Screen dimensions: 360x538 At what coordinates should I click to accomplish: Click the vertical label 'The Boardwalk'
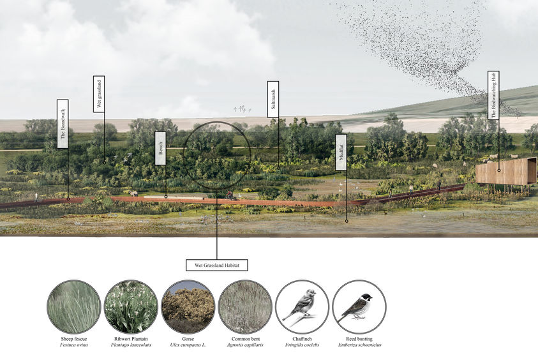point(63,124)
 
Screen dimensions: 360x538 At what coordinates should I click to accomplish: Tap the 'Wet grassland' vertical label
point(99,94)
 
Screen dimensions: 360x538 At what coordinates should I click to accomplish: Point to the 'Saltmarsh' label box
point(273,99)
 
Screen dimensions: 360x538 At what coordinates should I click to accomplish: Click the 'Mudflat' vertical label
point(341,152)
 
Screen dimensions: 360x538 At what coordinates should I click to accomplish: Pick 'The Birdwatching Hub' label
point(493,95)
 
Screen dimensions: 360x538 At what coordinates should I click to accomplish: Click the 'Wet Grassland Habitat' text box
point(217,264)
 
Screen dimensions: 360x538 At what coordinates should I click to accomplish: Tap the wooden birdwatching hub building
point(506,171)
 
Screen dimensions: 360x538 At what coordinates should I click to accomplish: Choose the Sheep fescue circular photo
point(73,306)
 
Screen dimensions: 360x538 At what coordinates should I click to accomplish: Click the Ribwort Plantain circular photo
point(131,306)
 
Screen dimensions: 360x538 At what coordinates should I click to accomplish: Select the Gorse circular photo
point(188,306)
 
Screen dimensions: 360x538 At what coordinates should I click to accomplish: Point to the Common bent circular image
point(244,306)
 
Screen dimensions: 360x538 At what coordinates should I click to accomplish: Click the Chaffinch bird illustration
point(302,306)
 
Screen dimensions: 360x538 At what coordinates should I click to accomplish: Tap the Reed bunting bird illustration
point(359,306)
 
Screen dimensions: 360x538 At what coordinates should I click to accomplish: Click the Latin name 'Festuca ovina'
point(73,345)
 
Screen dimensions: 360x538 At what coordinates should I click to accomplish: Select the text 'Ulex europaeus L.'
point(188,345)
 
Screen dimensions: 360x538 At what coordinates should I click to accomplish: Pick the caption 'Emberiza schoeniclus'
point(359,345)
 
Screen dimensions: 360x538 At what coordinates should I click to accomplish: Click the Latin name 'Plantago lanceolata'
point(131,345)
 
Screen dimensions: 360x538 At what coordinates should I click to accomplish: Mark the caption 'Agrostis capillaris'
point(244,345)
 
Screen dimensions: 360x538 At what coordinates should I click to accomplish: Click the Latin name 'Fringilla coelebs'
point(302,345)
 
